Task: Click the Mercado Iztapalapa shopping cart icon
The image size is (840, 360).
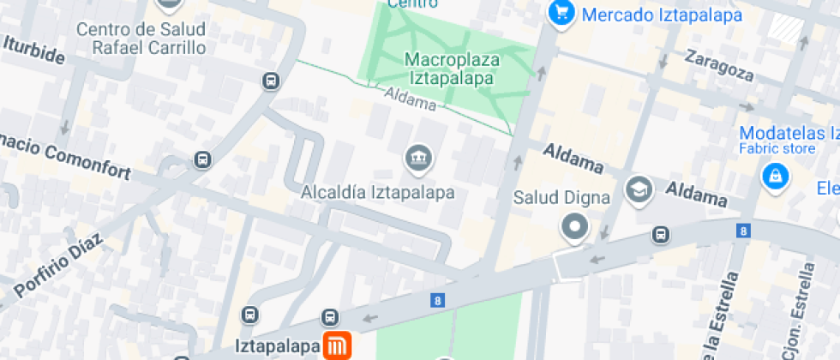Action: [x=561, y=14]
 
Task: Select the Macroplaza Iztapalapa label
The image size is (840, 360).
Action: [x=450, y=69]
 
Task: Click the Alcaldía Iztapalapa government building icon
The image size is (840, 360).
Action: [x=419, y=158]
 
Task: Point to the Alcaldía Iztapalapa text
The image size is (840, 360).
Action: [x=378, y=192]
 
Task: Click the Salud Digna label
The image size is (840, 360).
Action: [x=561, y=198]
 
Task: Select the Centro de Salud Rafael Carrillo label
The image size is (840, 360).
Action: [x=141, y=39]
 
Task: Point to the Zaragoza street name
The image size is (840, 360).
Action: [x=719, y=66]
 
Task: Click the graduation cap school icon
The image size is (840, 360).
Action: [x=639, y=188]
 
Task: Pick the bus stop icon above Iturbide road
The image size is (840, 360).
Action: [x=271, y=81]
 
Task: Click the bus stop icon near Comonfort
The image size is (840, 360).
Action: [x=203, y=159]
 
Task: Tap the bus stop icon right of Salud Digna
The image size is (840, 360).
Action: [x=661, y=234]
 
